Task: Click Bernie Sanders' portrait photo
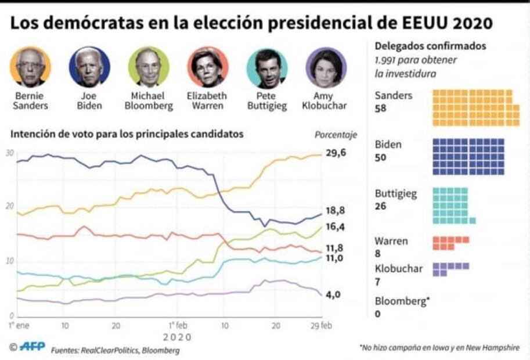pos(30,67)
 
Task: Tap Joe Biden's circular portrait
pos(89,67)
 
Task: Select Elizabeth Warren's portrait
pos(207,67)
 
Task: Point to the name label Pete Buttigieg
pos(267,100)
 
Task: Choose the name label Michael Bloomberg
pos(149,100)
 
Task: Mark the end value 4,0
pos(333,294)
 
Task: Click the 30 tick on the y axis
pos(9,153)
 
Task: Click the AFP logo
pos(27,347)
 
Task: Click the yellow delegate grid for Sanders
pos(475,107)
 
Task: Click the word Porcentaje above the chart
pos(336,135)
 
